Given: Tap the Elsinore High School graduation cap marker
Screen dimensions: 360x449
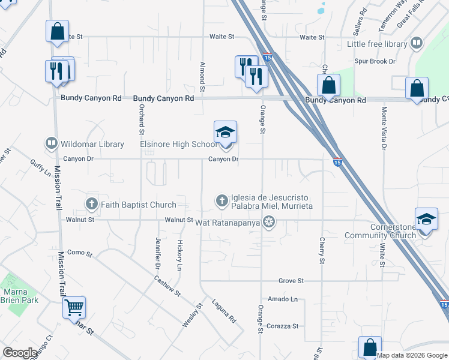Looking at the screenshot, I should tap(225, 131).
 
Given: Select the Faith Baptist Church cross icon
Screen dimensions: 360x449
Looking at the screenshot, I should tap(92, 204).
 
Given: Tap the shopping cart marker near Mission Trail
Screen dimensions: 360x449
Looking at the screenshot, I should tap(74, 308).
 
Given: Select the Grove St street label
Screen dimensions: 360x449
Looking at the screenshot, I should tap(291, 281).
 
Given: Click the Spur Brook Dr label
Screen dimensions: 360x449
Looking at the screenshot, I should tap(375, 62).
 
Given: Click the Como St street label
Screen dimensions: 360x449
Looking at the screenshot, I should tap(79, 253).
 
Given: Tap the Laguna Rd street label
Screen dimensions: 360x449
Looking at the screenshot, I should tap(224, 313).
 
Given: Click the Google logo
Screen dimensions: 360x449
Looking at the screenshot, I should tap(20, 353).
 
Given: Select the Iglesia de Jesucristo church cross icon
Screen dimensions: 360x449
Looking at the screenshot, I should tap(222, 200).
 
